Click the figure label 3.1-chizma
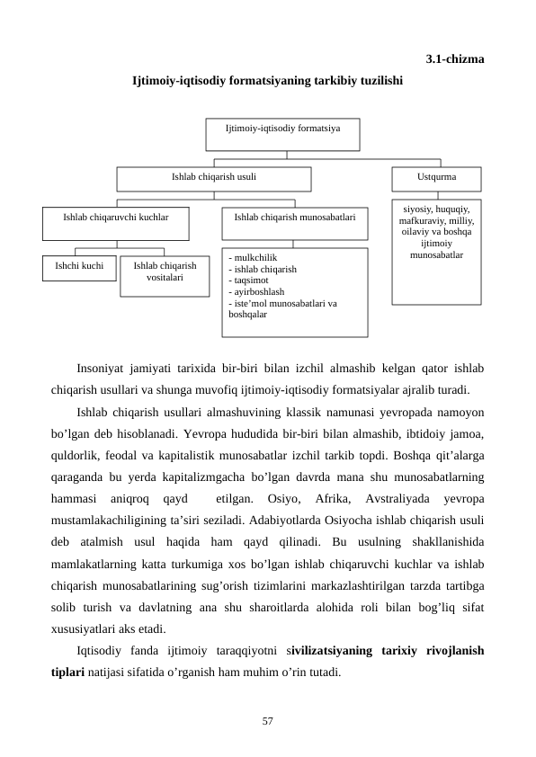coord(454,59)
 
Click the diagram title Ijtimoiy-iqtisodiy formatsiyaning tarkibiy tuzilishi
coord(267,81)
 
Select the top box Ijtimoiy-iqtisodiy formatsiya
coord(282,134)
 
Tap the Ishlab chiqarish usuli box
coord(214,178)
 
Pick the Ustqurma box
coord(436,178)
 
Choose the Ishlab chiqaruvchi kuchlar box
coord(116,223)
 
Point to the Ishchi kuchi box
coord(79,268)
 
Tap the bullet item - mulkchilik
coord(254,257)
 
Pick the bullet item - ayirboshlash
coord(257,292)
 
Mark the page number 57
coord(267,720)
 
